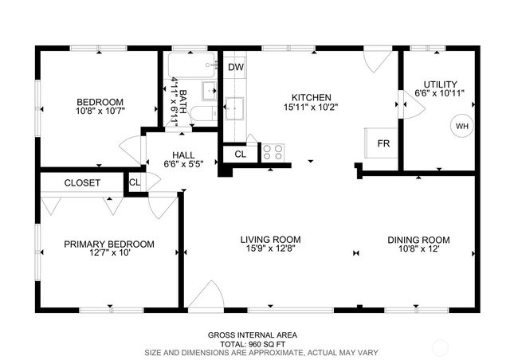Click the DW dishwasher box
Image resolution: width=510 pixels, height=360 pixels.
click(x=235, y=67)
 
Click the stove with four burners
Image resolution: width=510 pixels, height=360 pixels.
click(x=273, y=151)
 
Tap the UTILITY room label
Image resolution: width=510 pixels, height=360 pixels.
click(x=440, y=84)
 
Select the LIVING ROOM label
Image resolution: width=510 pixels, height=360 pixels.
click(x=271, y=239)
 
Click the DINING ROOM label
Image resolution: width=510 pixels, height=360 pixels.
click(x=418, y=240)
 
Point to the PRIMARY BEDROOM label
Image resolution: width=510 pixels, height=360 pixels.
click(x=109, y=244)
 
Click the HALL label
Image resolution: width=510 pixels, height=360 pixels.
click(x=183, y=155)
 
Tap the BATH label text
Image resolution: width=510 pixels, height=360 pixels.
click(x=182, y=102)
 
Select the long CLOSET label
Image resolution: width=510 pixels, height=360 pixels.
click(x=82, y=182)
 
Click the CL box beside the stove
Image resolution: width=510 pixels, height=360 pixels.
click(x=240, y=154)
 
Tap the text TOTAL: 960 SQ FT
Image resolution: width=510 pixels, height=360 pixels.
click(x=261, y=344)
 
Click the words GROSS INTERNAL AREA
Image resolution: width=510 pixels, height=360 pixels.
click(x=261, y=335)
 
